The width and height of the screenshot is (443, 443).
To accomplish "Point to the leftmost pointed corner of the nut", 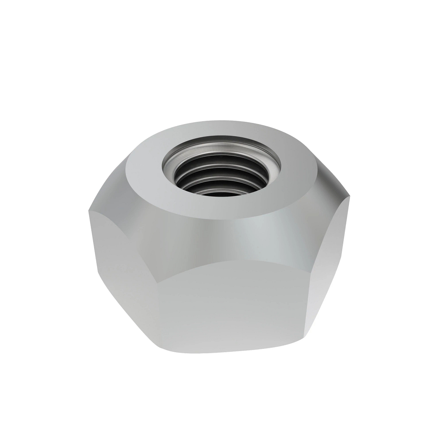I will (88, 212).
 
